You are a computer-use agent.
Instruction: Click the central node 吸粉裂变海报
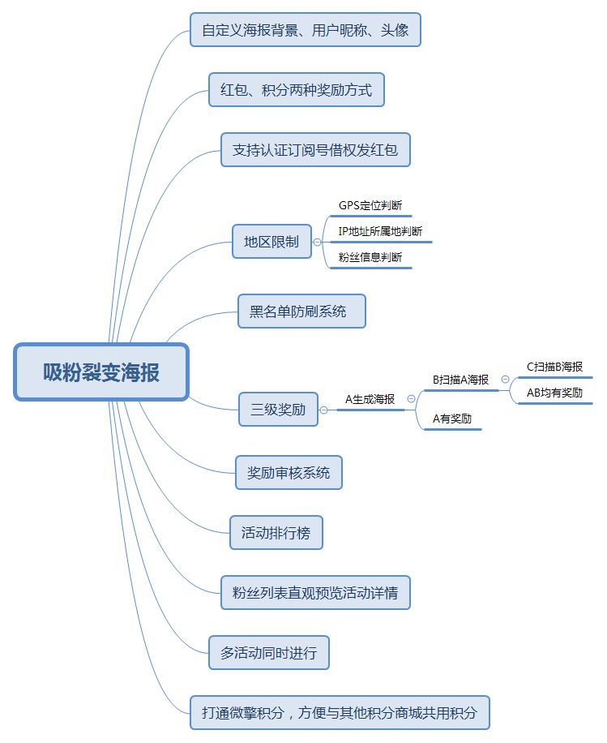click(101, 372)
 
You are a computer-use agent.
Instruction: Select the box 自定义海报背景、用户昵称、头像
click(305, 30)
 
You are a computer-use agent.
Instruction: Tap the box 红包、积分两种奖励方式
click(296, 90)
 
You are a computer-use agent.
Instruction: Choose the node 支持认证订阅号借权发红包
click(315, 150)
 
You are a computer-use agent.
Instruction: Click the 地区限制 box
click(271, 242)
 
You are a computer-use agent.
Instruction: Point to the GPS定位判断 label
click(370, 206)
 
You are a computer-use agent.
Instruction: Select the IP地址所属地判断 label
click(380, 232)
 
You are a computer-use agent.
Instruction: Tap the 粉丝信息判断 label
click(370, 258)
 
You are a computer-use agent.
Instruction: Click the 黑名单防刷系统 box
click(301, 311)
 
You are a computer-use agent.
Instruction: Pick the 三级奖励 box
click(278, 410)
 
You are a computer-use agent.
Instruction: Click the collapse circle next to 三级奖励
click(324, 410)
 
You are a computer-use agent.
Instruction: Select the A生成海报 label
click(370, 399)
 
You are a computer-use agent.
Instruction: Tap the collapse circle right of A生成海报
click(412, 399)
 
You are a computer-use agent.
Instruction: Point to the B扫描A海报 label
click(460, 379)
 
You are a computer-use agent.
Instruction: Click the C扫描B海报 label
click(554, 367)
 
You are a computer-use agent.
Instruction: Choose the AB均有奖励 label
click(554, 393)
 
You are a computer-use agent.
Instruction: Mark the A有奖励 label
click(452, 419)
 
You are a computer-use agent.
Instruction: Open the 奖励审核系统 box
click(289, 473)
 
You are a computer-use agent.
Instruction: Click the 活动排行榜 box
click(276, 534)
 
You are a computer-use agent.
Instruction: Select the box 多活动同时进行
click(268, 653)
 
